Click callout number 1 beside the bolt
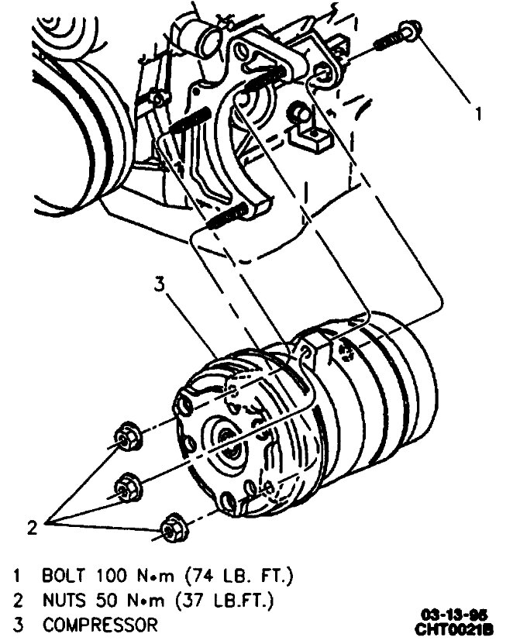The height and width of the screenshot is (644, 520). pyautogui.click(x=479, y=114)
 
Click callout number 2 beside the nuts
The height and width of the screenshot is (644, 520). pyautogui.click(x=32, y=528)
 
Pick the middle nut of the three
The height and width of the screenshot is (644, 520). pyautogui.click(x=124, y=486)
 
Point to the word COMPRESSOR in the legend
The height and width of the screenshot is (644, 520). pyautogui.click(x=100, y=624)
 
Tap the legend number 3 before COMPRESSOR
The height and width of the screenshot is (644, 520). pyautogui.click(x=16, y=624)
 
